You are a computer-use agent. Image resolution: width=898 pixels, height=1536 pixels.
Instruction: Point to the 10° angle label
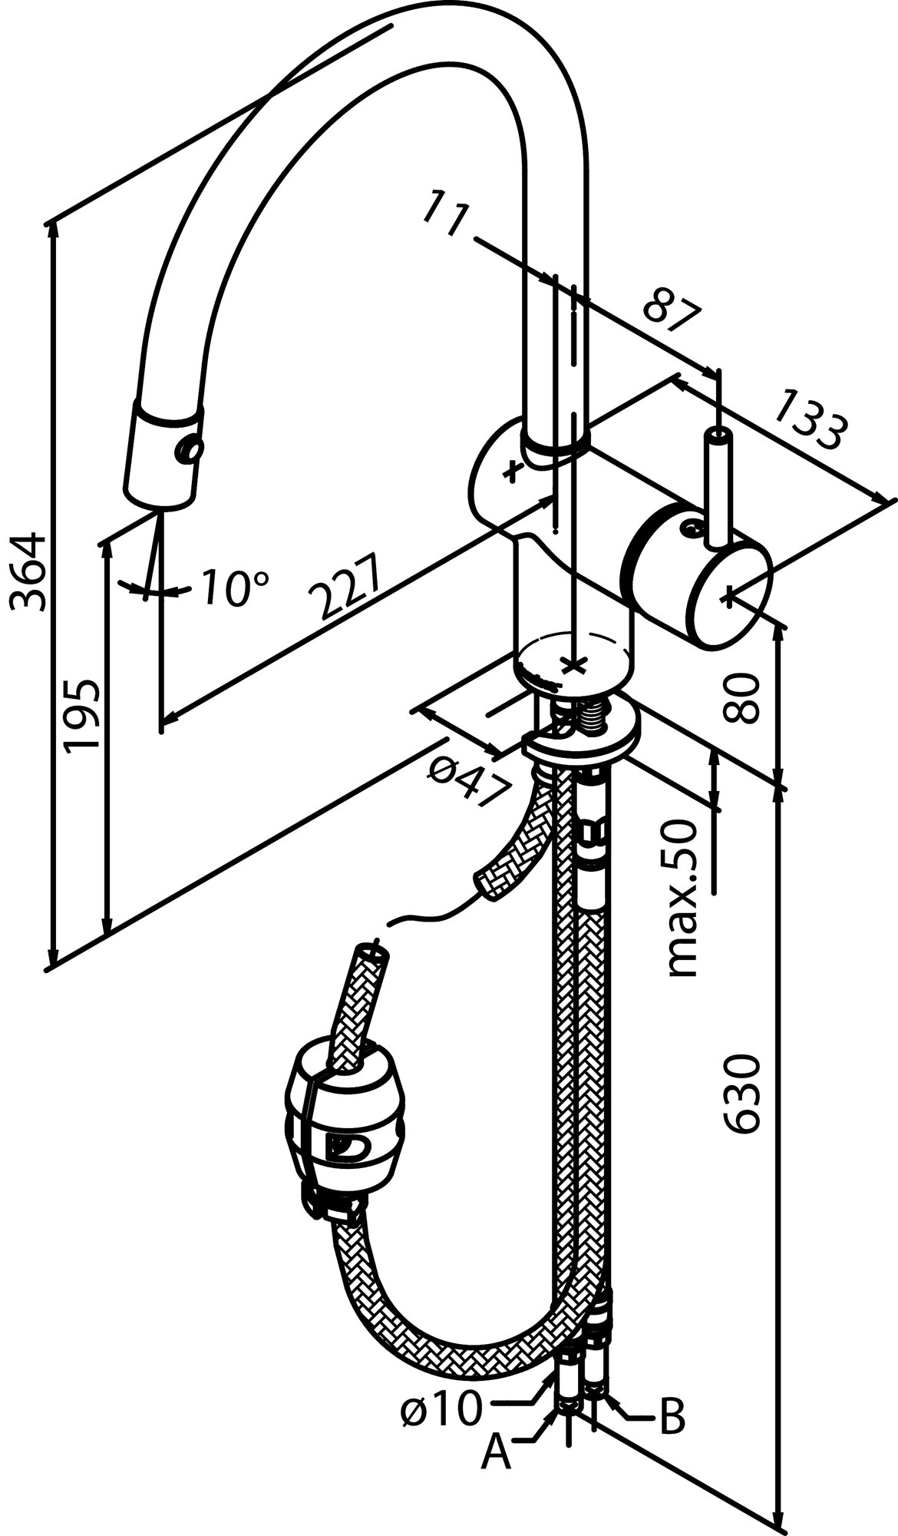[x=236, y=588]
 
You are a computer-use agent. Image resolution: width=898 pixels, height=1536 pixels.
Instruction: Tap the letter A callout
[x=496, y=1453]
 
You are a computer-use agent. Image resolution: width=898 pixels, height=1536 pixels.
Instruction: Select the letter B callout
[x=672, y=1418]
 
